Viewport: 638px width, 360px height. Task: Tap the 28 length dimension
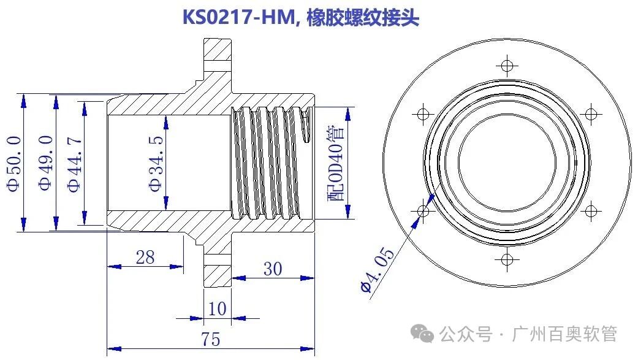(145, 257)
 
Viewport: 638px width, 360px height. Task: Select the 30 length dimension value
(273, 269)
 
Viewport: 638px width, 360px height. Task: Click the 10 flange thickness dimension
(218, 309)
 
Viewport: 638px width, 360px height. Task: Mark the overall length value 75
(210, 339)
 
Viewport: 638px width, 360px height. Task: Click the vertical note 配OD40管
(335, 163)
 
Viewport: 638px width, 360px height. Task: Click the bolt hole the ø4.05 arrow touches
(422, 211)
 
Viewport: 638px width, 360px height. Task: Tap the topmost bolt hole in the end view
(507, 64)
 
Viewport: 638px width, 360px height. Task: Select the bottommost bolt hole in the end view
(507, 259)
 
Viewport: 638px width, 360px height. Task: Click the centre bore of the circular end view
(507, 162)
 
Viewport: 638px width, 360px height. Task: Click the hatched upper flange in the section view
(218, 58)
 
